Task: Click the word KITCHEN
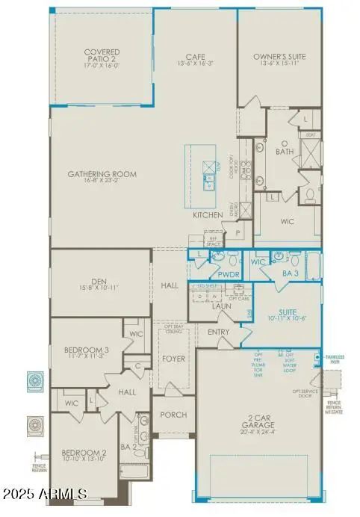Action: pyautogui.click(x=208, y=215)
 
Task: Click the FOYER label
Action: pyautogui.click(x=173, y=359)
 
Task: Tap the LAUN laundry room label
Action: pyautogui.click(x=222, y=306)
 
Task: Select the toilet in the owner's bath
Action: pyautogui.click(x=310, y=196)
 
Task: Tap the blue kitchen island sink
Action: pyautogui.click(x=208, y=178)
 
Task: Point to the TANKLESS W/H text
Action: pyautogui.click(x=335, y=357)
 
